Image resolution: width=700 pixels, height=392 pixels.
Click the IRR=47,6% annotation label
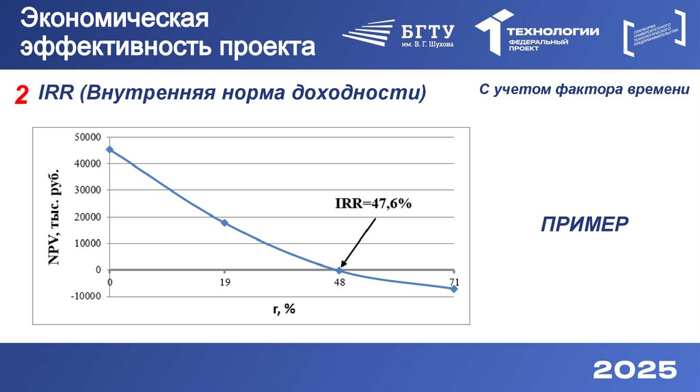(373, 204)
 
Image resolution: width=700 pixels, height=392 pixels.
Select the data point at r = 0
(110, 150)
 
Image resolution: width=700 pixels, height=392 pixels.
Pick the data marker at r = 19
(224, 223)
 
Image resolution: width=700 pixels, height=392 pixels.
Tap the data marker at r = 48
(338, 270)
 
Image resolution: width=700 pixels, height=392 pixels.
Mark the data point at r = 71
(454, 289)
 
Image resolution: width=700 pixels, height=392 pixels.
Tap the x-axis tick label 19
(224, 281)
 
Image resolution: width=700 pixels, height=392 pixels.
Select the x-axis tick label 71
(454, 281)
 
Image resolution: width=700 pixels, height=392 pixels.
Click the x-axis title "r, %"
(284, 309)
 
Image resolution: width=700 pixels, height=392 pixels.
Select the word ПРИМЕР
(584, 224)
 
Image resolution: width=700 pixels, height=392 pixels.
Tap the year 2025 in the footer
(635, 369)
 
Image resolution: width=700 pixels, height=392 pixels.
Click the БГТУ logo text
(428, 31)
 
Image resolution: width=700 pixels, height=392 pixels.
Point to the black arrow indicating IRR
(357, 243)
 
